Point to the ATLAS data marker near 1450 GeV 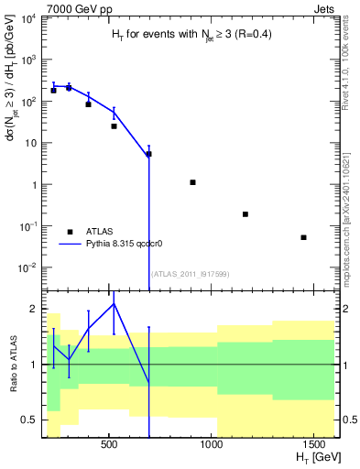(303, 237)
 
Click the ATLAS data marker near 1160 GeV (245, 214)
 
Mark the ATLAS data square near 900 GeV (193, 182)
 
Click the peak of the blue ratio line (114, 303)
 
